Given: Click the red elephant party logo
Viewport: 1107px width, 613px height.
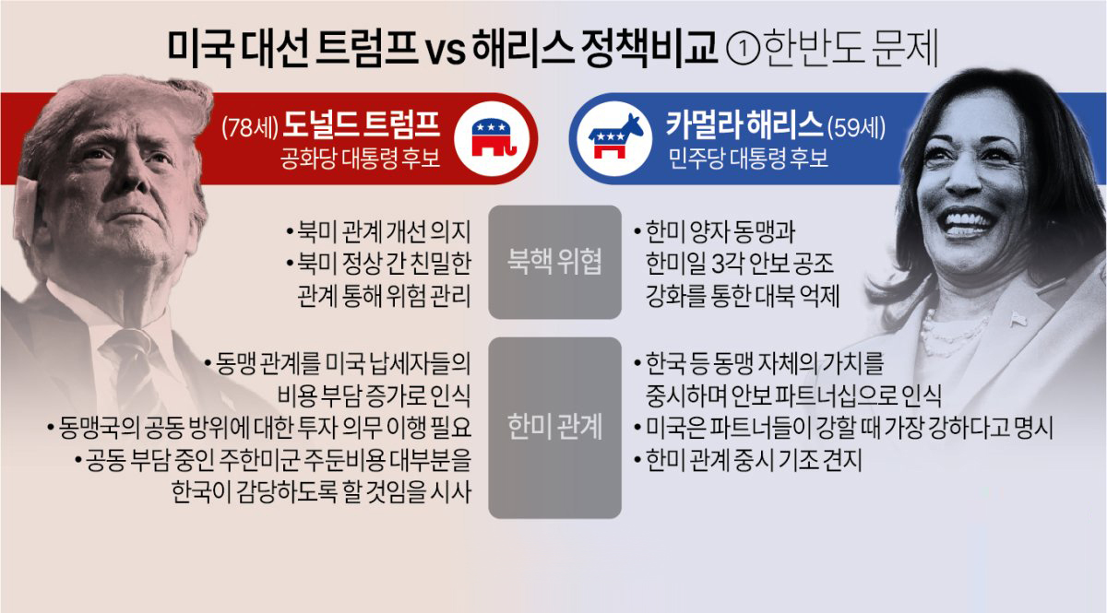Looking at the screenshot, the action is click(x=493, y=138).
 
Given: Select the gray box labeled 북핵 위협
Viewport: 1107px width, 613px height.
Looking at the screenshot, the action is click(x=554, y=262).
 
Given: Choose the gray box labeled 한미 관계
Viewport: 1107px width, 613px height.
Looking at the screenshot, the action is click(x=554, y=428).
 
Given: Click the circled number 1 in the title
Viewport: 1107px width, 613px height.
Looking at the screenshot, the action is click(x=744, y=50).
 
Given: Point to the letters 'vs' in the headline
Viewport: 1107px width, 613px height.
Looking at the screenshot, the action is click(x=446, y=52).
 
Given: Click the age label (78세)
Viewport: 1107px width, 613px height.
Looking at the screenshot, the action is click(x=250, y=127).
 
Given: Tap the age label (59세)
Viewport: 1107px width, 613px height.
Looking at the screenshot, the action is click(x=856, y=127).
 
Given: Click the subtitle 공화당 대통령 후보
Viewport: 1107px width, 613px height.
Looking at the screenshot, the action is click(x=360, y=159).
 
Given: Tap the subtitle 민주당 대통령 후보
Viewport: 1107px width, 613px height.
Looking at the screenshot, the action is click(x=748, y=159).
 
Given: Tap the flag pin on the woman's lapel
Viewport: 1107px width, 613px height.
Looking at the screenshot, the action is click(x=1019, y=319).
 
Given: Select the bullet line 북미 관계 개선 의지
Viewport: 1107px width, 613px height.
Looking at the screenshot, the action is click(x=378, y=231).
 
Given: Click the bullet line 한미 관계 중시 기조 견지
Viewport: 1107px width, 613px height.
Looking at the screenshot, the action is click(x=748, y=459).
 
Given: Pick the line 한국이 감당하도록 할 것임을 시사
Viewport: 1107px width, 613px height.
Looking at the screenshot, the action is click(x=321, y=492).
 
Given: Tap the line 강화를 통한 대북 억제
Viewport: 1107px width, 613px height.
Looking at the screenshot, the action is click(x=743, y=296).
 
